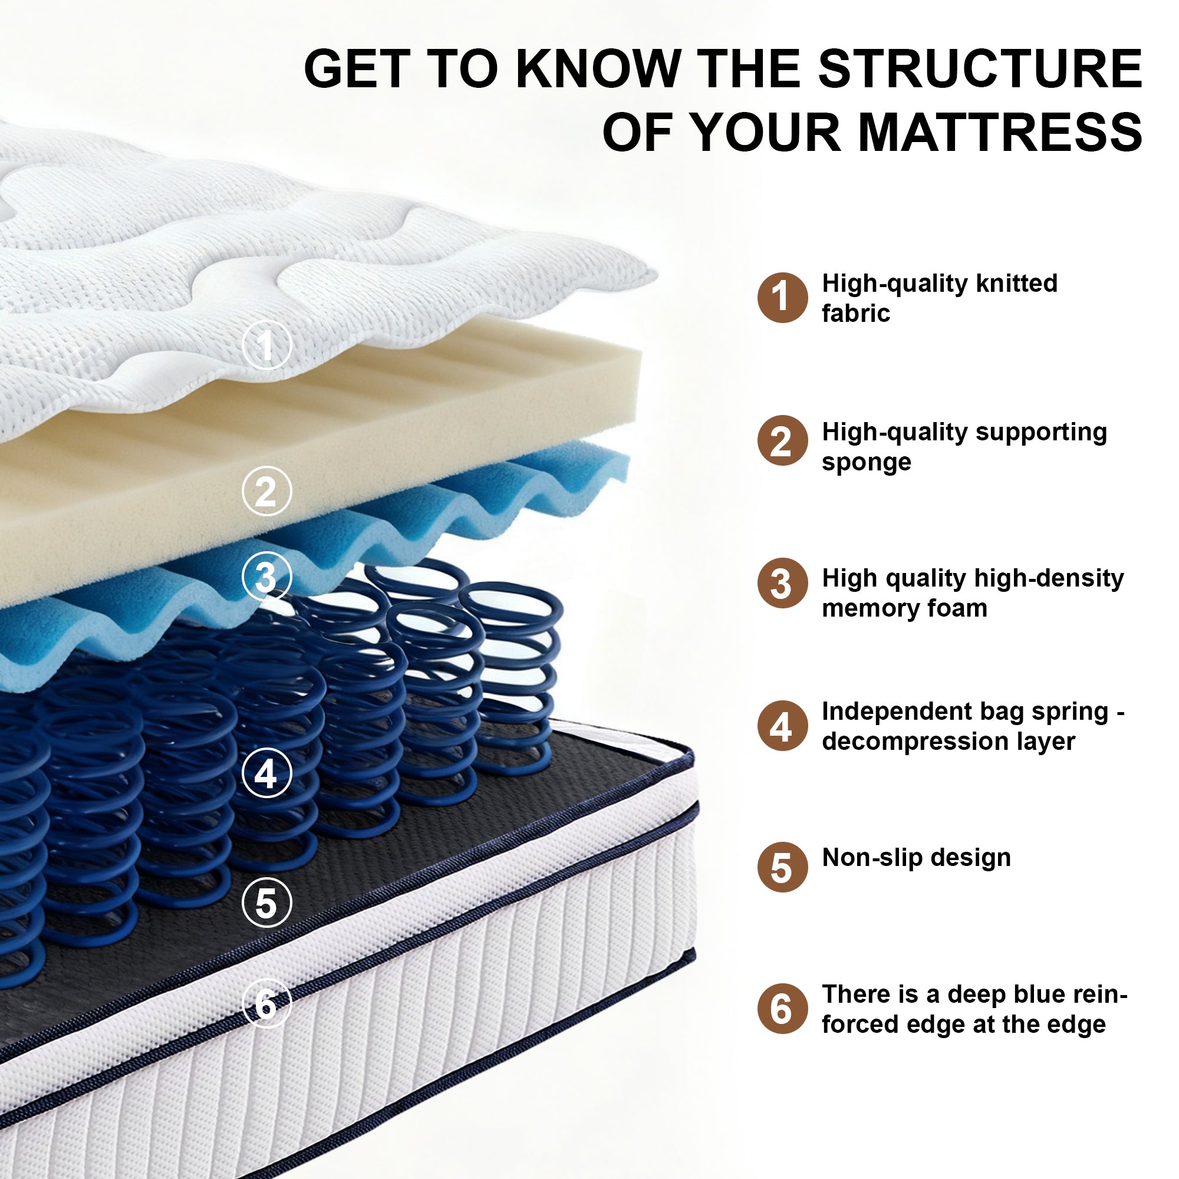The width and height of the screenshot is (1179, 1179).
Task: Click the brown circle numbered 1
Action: click(x=782, y=297)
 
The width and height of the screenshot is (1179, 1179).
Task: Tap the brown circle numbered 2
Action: click(x=782, y=440)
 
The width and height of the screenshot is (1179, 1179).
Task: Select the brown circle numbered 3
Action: click(x=782, y=583)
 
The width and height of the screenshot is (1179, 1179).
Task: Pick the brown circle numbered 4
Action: click(x=782, y=725)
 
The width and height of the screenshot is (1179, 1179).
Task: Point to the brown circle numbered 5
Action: click(x=782, y=867)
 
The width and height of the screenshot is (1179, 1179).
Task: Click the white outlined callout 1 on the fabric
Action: click(x=266, y=345)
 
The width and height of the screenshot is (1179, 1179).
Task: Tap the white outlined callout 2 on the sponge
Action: click(x=266, y=490)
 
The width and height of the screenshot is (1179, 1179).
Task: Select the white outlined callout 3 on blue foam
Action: click(x=266, y=576)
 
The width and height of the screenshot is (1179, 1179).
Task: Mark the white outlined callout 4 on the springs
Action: click(x=266, y=773)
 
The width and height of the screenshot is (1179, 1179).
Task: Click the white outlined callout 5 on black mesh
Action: click(x=266, y=902)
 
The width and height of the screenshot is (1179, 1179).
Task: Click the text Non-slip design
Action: click(x=917, y=857)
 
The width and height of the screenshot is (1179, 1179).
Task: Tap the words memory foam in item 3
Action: click(x=904, y=608)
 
